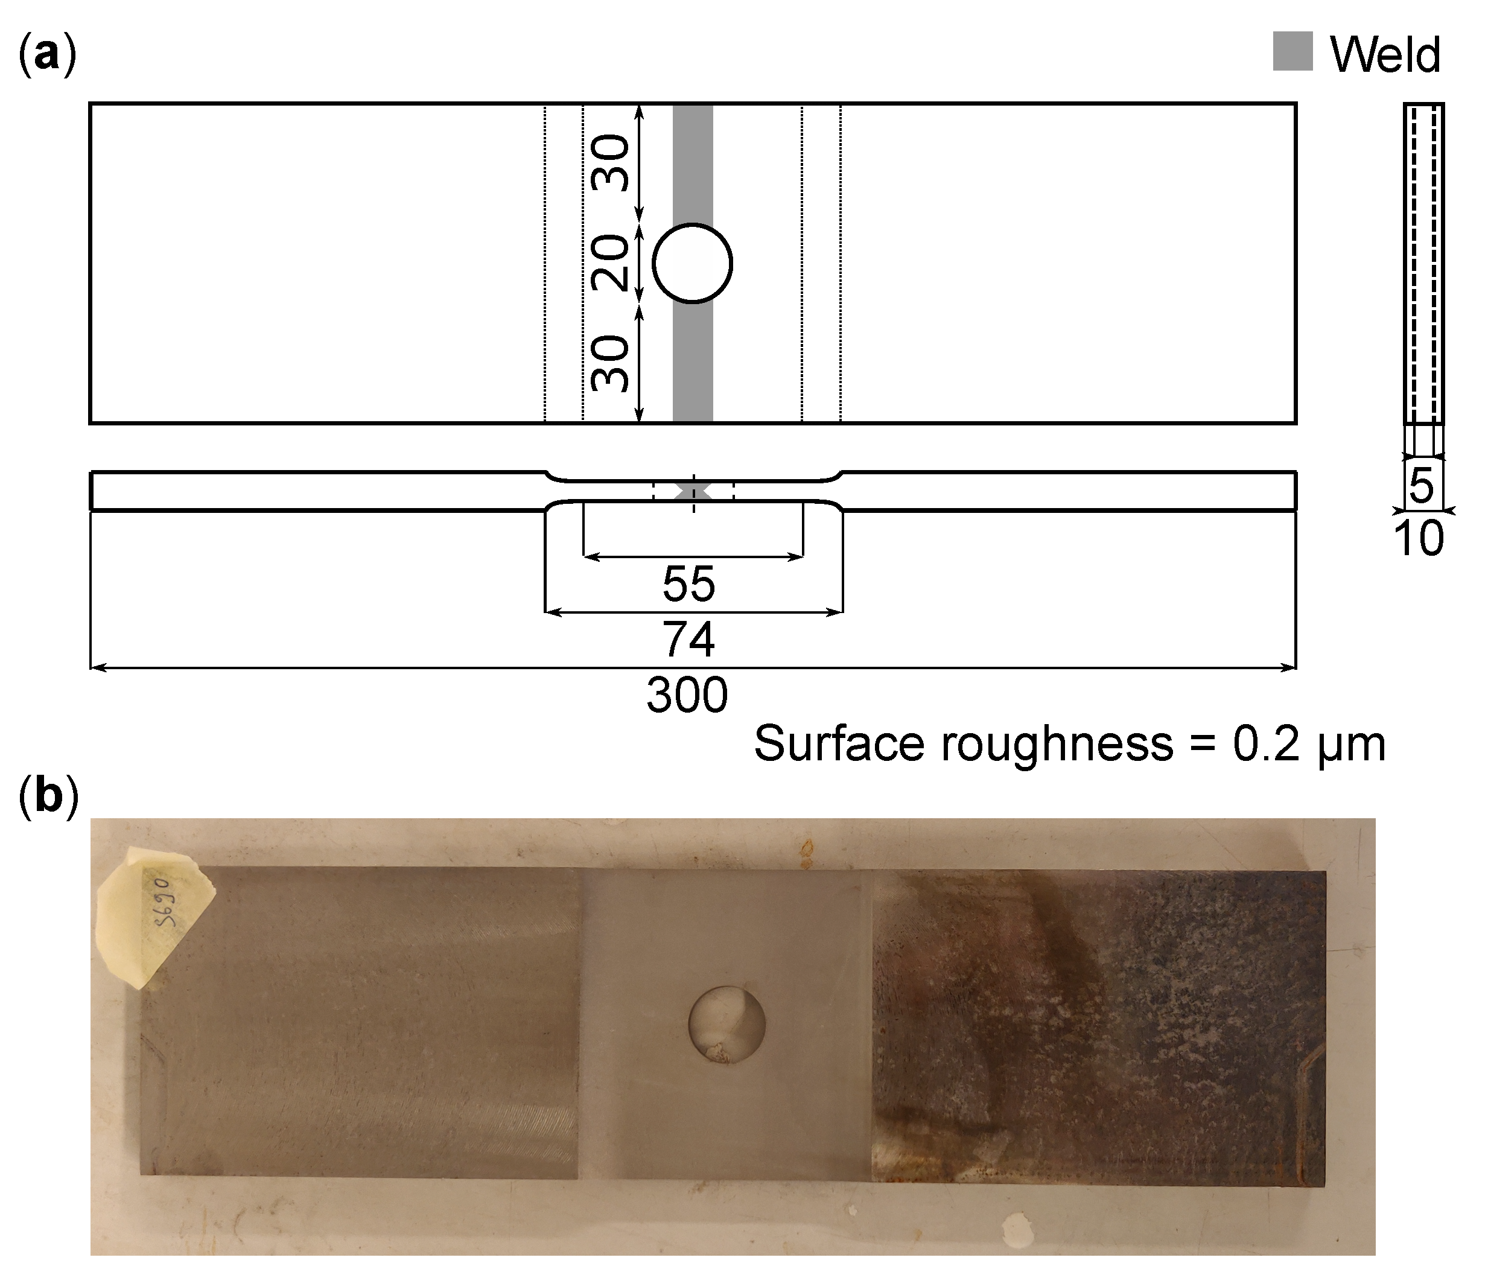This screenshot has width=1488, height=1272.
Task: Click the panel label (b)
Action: (x=48, y=797)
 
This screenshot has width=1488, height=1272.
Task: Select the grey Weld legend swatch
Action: (x=1292, y=52)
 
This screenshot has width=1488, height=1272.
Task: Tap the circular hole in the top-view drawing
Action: (x=692, y=264)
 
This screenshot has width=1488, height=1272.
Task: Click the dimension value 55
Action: (x=688, y=584)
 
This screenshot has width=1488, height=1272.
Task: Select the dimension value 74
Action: (x=688, y=639)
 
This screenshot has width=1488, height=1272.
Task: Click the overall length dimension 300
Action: (x=687, y=695)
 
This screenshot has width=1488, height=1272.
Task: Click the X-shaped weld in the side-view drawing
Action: (x=693, y=491)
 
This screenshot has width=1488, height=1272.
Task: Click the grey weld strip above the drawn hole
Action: (x=692, y=162)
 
